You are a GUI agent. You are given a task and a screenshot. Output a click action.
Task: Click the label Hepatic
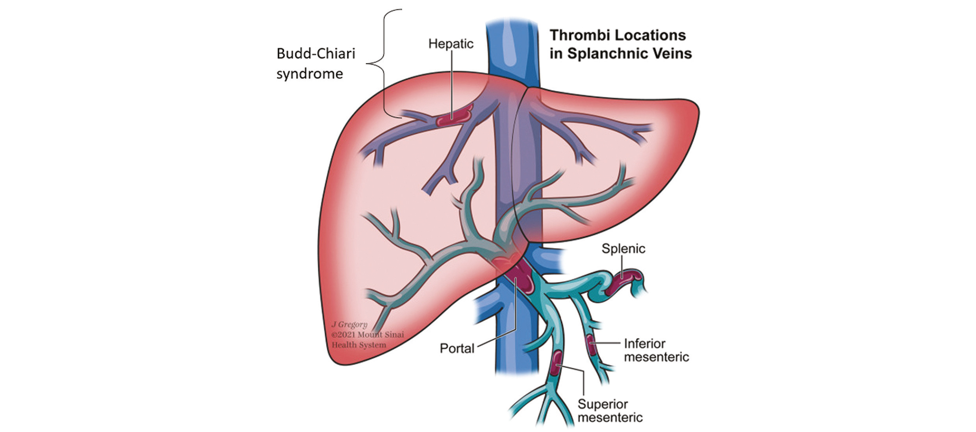pos(450,43)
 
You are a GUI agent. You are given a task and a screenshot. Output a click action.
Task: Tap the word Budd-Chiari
pos(316,54)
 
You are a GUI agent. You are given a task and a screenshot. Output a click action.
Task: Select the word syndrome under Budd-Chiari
pos(309,74)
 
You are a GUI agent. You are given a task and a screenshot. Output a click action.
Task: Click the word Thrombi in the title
pos(577,35)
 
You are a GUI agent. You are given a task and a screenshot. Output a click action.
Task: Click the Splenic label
pos(623,249)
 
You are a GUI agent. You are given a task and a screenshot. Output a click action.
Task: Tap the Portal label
pos(457,348)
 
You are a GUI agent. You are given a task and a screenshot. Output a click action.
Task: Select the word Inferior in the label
pos(644,343)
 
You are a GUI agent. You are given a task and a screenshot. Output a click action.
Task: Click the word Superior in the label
pos(602,404)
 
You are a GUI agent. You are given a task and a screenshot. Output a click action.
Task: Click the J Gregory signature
pos(349,324)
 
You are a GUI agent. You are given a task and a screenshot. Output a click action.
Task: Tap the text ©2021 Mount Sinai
pos(367,335)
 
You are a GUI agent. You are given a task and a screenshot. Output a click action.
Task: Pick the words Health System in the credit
pos(359,345)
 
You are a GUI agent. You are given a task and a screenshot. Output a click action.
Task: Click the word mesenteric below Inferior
pos(656,357)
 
